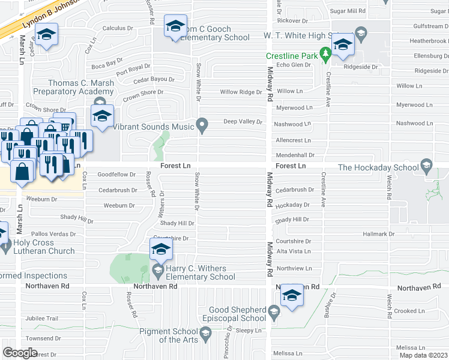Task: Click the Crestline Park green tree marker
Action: pyautogui.click(x=325, y=55)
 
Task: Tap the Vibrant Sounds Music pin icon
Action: pyautogui.click(x=203, y=126)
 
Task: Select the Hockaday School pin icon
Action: pyautogui.click(x=426, y=165)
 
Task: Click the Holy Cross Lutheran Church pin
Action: pyautogui.click(x=5, y=245)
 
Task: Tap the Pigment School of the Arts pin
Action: pyautogui.click(x=205, y=332)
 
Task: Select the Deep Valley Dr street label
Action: pyautogui.click(x=243, y=122)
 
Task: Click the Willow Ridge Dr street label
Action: pyautogui.click(x=241, y=92)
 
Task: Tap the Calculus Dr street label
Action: pyautogui.click(x=118, y=28)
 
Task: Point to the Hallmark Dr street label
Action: pyautogui.click(x=378, y=234)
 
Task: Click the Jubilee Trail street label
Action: pyautogui.click(x=41, y=319)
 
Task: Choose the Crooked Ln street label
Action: pyautogui.click(x=410, y=311)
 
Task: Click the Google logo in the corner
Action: pyautogui.click(x=20, y=353)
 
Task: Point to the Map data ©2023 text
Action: pyautogui.click(x=423, y=355)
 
